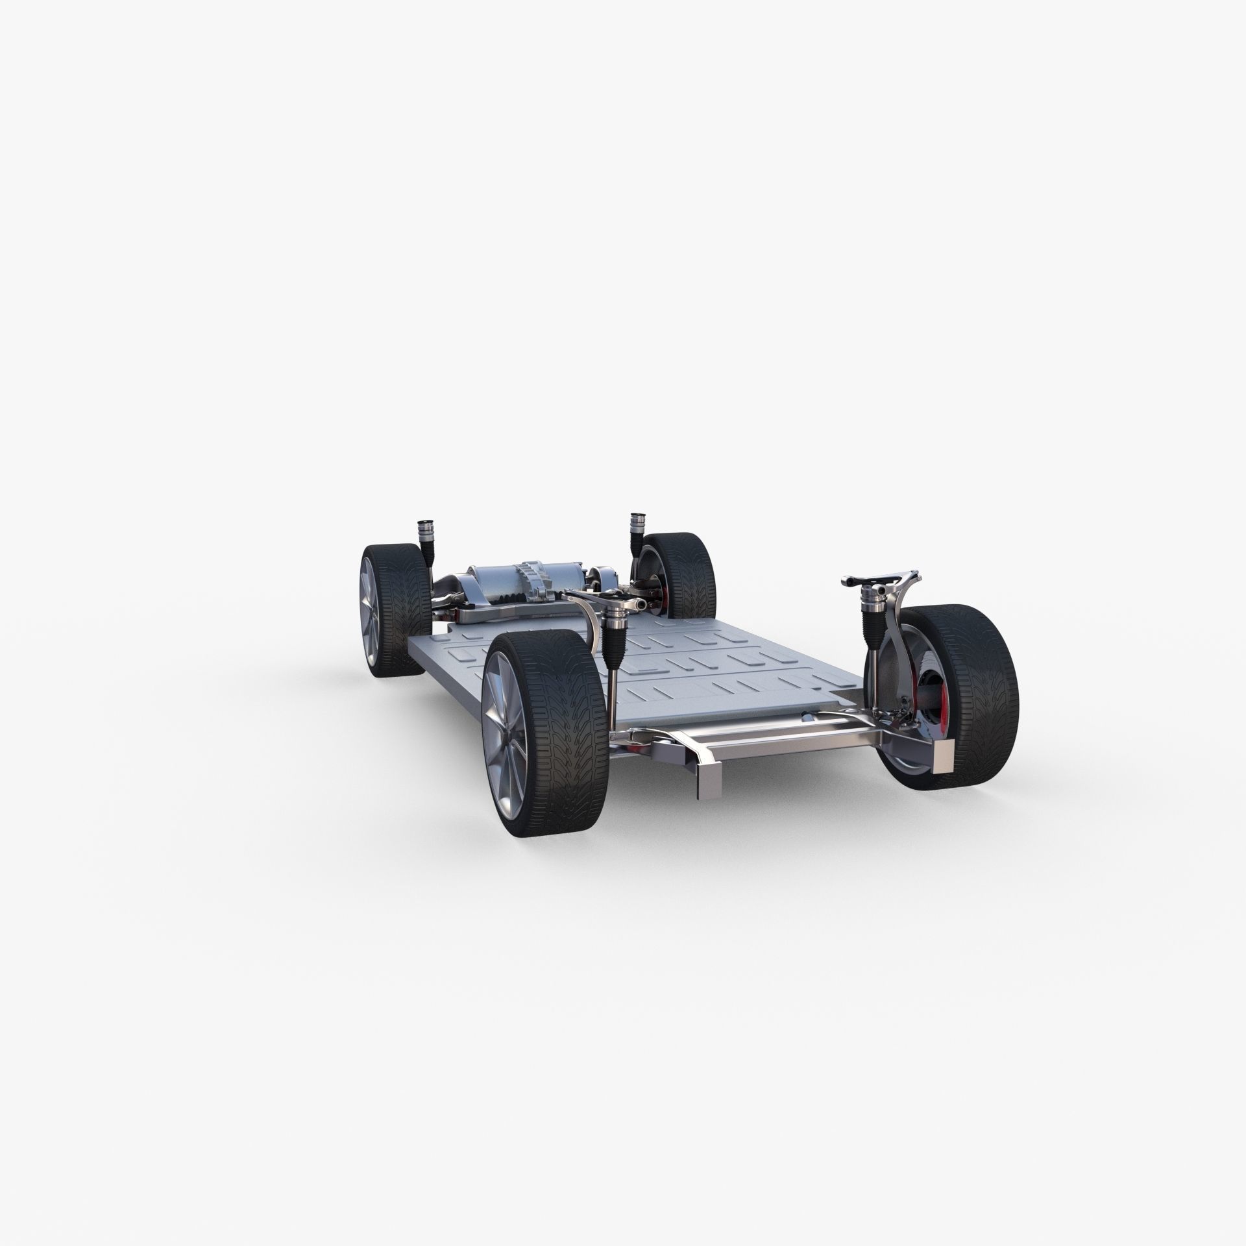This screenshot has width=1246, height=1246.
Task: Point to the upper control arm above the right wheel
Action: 879,578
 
